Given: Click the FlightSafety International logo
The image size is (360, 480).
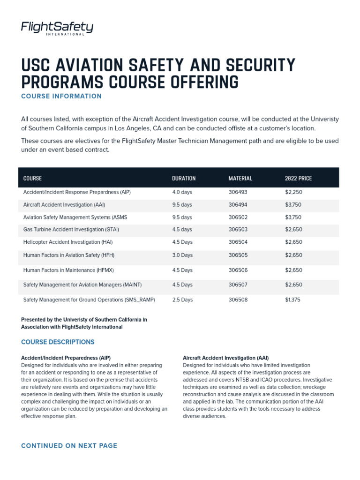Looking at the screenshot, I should (x=57, y=29).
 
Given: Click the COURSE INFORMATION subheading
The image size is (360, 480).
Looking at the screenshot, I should (x=61, y=96).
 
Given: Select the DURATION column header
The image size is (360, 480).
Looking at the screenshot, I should (x=184, y=178).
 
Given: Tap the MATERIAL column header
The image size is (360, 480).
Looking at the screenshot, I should (x=240, y=178).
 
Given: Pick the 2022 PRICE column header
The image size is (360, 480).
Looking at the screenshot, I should (x=298, y=178).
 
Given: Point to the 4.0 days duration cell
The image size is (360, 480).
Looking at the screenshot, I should (x=182, y=192).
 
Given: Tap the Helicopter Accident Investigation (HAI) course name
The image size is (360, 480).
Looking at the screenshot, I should (x=68, y=242).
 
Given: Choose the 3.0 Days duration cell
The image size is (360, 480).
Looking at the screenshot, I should (x=182, y=255).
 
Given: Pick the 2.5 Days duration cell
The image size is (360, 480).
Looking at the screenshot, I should (x=182, y=300).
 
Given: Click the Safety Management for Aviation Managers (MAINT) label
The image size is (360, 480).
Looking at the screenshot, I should (x=82, y=285).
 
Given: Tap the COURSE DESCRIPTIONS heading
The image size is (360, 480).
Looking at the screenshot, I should (x=58, y=342).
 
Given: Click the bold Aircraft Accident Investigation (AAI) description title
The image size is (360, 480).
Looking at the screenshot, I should (x=225, y=358).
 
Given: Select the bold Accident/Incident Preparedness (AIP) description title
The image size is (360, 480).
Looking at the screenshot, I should (x=66, y=358).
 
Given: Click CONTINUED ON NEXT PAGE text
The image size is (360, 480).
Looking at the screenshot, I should (x=69, y=446).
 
